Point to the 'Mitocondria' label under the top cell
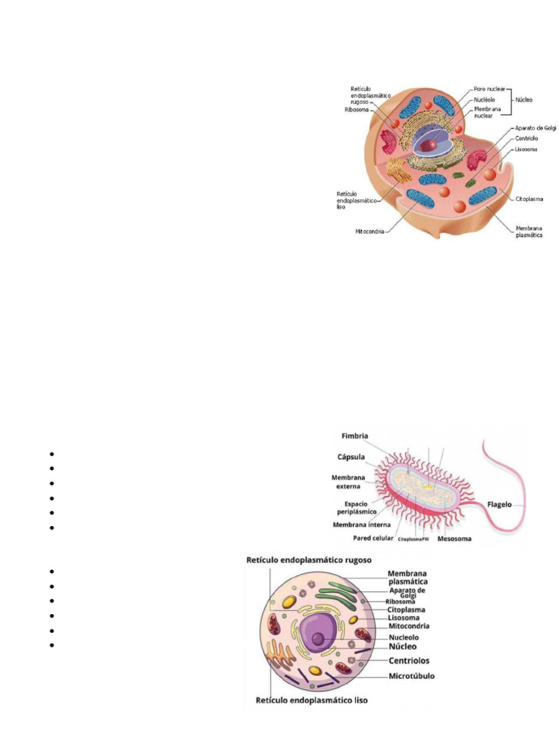370,233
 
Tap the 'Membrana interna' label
362,525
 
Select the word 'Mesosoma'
456,539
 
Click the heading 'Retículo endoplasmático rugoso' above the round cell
310,560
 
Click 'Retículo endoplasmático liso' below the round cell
312,701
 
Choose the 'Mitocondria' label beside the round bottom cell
408,625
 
